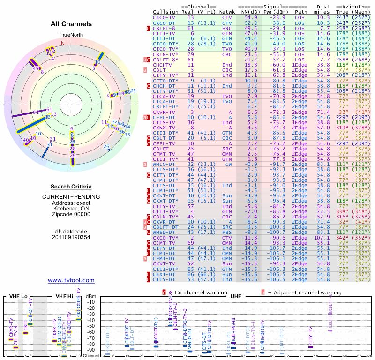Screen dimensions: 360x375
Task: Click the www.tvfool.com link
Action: click(71, 280)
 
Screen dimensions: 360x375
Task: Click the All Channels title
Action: click(71, 24)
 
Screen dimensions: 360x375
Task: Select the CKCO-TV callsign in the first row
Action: click(164, 17)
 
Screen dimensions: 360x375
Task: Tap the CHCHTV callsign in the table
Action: click(164, 64)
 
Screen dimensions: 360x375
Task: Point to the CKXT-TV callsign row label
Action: click(164, 264)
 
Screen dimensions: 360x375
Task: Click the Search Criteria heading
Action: click(71, 187)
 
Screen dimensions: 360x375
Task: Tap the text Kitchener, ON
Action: click(71, 208)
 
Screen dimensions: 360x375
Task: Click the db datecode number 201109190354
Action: click(71, 237)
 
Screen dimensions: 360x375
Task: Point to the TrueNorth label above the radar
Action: click(71, 35)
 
